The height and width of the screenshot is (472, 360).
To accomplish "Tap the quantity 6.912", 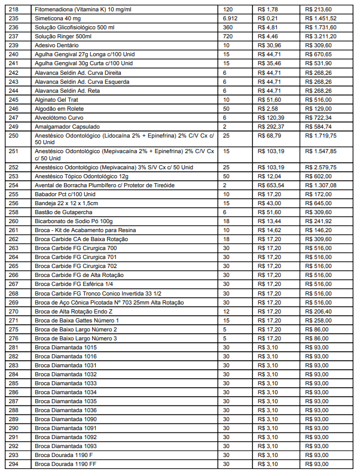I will (230, 19).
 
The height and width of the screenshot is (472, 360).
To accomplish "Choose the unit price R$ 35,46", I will (270, 63).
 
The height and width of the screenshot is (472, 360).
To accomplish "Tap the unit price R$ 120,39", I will (271, 117).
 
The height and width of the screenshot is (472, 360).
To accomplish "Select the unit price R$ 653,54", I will (271, 185).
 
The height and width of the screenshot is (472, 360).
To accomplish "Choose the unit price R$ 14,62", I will (270, 230).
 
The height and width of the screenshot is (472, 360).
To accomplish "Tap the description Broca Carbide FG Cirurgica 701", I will (76, 257).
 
